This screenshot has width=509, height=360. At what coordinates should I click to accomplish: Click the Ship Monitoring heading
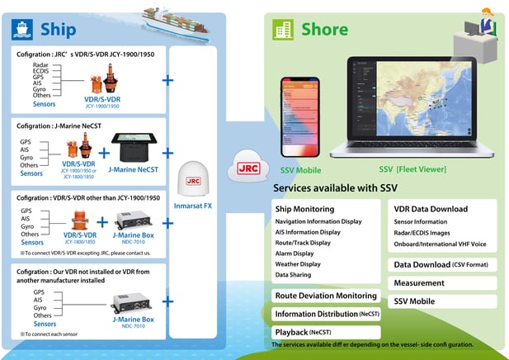click(x=305, y=209)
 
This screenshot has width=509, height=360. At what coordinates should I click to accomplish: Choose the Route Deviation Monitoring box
click(x=326, y=296)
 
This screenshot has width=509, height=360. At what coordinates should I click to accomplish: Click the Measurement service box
click(x=419, y=283)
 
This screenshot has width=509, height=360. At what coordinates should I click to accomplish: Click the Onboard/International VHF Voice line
click(x=441, y=244)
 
